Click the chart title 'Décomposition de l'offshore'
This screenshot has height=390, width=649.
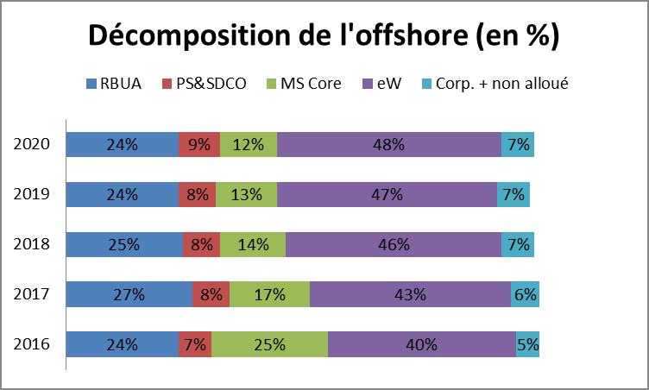324,37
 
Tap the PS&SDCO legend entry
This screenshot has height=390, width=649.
205,84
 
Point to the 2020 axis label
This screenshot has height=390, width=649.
32,145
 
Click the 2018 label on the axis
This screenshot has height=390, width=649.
32,245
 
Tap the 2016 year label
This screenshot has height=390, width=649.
32,344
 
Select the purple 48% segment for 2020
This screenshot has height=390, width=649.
388,145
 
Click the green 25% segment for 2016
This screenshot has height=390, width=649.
269,344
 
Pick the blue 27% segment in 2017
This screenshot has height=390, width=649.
129,294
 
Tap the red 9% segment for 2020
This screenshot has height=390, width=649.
198,145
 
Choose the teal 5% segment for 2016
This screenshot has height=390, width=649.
527,344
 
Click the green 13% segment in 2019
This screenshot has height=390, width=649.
246,195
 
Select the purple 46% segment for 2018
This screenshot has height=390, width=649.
393,245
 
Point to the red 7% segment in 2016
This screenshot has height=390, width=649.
194,344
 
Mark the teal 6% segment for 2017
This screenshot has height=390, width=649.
525,294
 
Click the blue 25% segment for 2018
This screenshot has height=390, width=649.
124,245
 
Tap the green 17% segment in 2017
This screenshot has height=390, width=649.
269,294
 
